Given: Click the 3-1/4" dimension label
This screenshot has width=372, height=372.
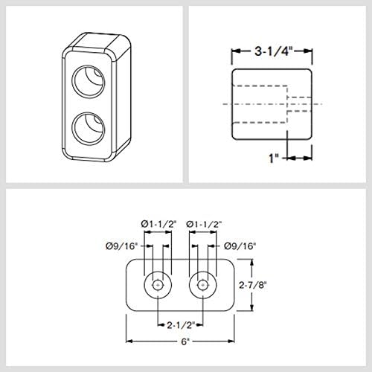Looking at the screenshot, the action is click(272, 51).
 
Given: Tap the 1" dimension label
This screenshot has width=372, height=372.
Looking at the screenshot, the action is click(274, 158).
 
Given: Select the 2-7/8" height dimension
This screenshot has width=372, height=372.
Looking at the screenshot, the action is click(253, 285).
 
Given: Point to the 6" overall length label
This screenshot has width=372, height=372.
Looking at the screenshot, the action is click(185, 341).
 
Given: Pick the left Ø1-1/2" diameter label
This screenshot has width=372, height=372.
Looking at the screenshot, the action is click(158, 225).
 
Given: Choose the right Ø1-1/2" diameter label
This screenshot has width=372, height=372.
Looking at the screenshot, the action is click(204, 225).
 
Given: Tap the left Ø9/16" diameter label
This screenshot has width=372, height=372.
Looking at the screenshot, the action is click(121, 246).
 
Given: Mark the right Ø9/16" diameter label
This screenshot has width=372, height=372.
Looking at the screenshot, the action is click(240, 246).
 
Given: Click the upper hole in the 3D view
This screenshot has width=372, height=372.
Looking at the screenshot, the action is click(88, 81).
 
